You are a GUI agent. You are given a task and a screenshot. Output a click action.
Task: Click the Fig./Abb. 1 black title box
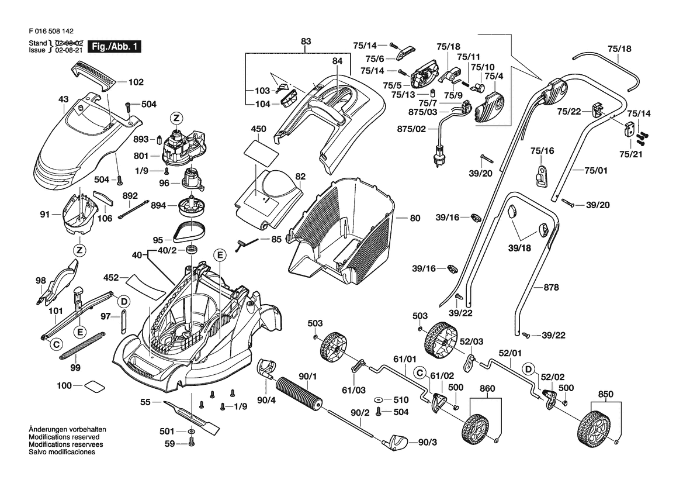(x=114, y=46)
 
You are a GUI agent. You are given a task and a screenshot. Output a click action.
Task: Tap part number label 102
(x=136, y=82)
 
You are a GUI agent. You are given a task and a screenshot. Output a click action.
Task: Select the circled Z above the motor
(x=176, y=118)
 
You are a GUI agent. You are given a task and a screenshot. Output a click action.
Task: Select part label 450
(x=258, y=129)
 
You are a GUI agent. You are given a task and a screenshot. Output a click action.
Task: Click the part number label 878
(x=551, y=287)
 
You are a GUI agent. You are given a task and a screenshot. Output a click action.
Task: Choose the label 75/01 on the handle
(x=597, y=170)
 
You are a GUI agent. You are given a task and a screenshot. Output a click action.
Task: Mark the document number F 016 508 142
(x=51, y=32)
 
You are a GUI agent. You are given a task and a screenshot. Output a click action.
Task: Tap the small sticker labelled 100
(x=95, y=386)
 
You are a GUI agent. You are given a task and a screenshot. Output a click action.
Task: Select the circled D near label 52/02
(x=528, y=370)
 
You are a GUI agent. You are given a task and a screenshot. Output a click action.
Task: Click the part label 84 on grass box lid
(x=337, y=61)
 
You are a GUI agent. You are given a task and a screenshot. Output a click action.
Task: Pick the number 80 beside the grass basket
(x=415, y=218)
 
